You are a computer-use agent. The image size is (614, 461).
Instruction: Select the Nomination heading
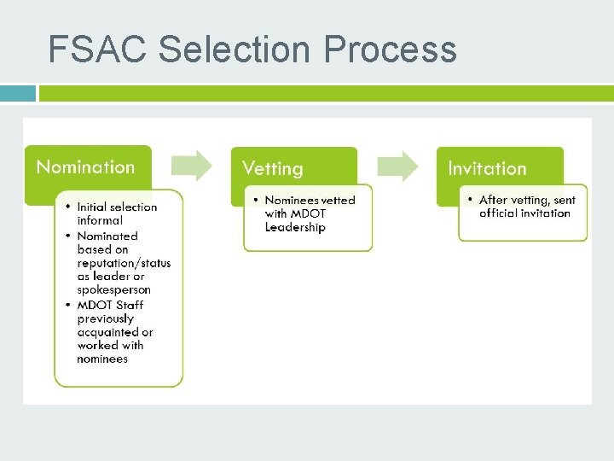click(x=85, y=167)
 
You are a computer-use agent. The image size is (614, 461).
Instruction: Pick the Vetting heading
click(x=272, y=168)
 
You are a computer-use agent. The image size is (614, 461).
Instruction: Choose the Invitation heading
click(x=487, y=168)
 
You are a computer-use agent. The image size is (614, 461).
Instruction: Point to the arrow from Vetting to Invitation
click(x=398, y=166)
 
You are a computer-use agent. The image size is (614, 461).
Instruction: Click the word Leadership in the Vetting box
click(x=295, y=227)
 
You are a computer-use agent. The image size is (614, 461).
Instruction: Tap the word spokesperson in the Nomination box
click(x=113, y=290)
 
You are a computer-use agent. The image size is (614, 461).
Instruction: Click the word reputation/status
click(x=124, y=263)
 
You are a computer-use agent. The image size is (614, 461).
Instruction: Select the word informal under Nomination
click(x=100, y=220)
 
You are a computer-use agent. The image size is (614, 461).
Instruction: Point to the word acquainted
click(x=115, y=332)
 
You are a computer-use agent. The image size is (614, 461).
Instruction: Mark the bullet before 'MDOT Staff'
click(x=67, y=306)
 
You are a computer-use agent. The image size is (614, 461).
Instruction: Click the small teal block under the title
click(x=18, y=93)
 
